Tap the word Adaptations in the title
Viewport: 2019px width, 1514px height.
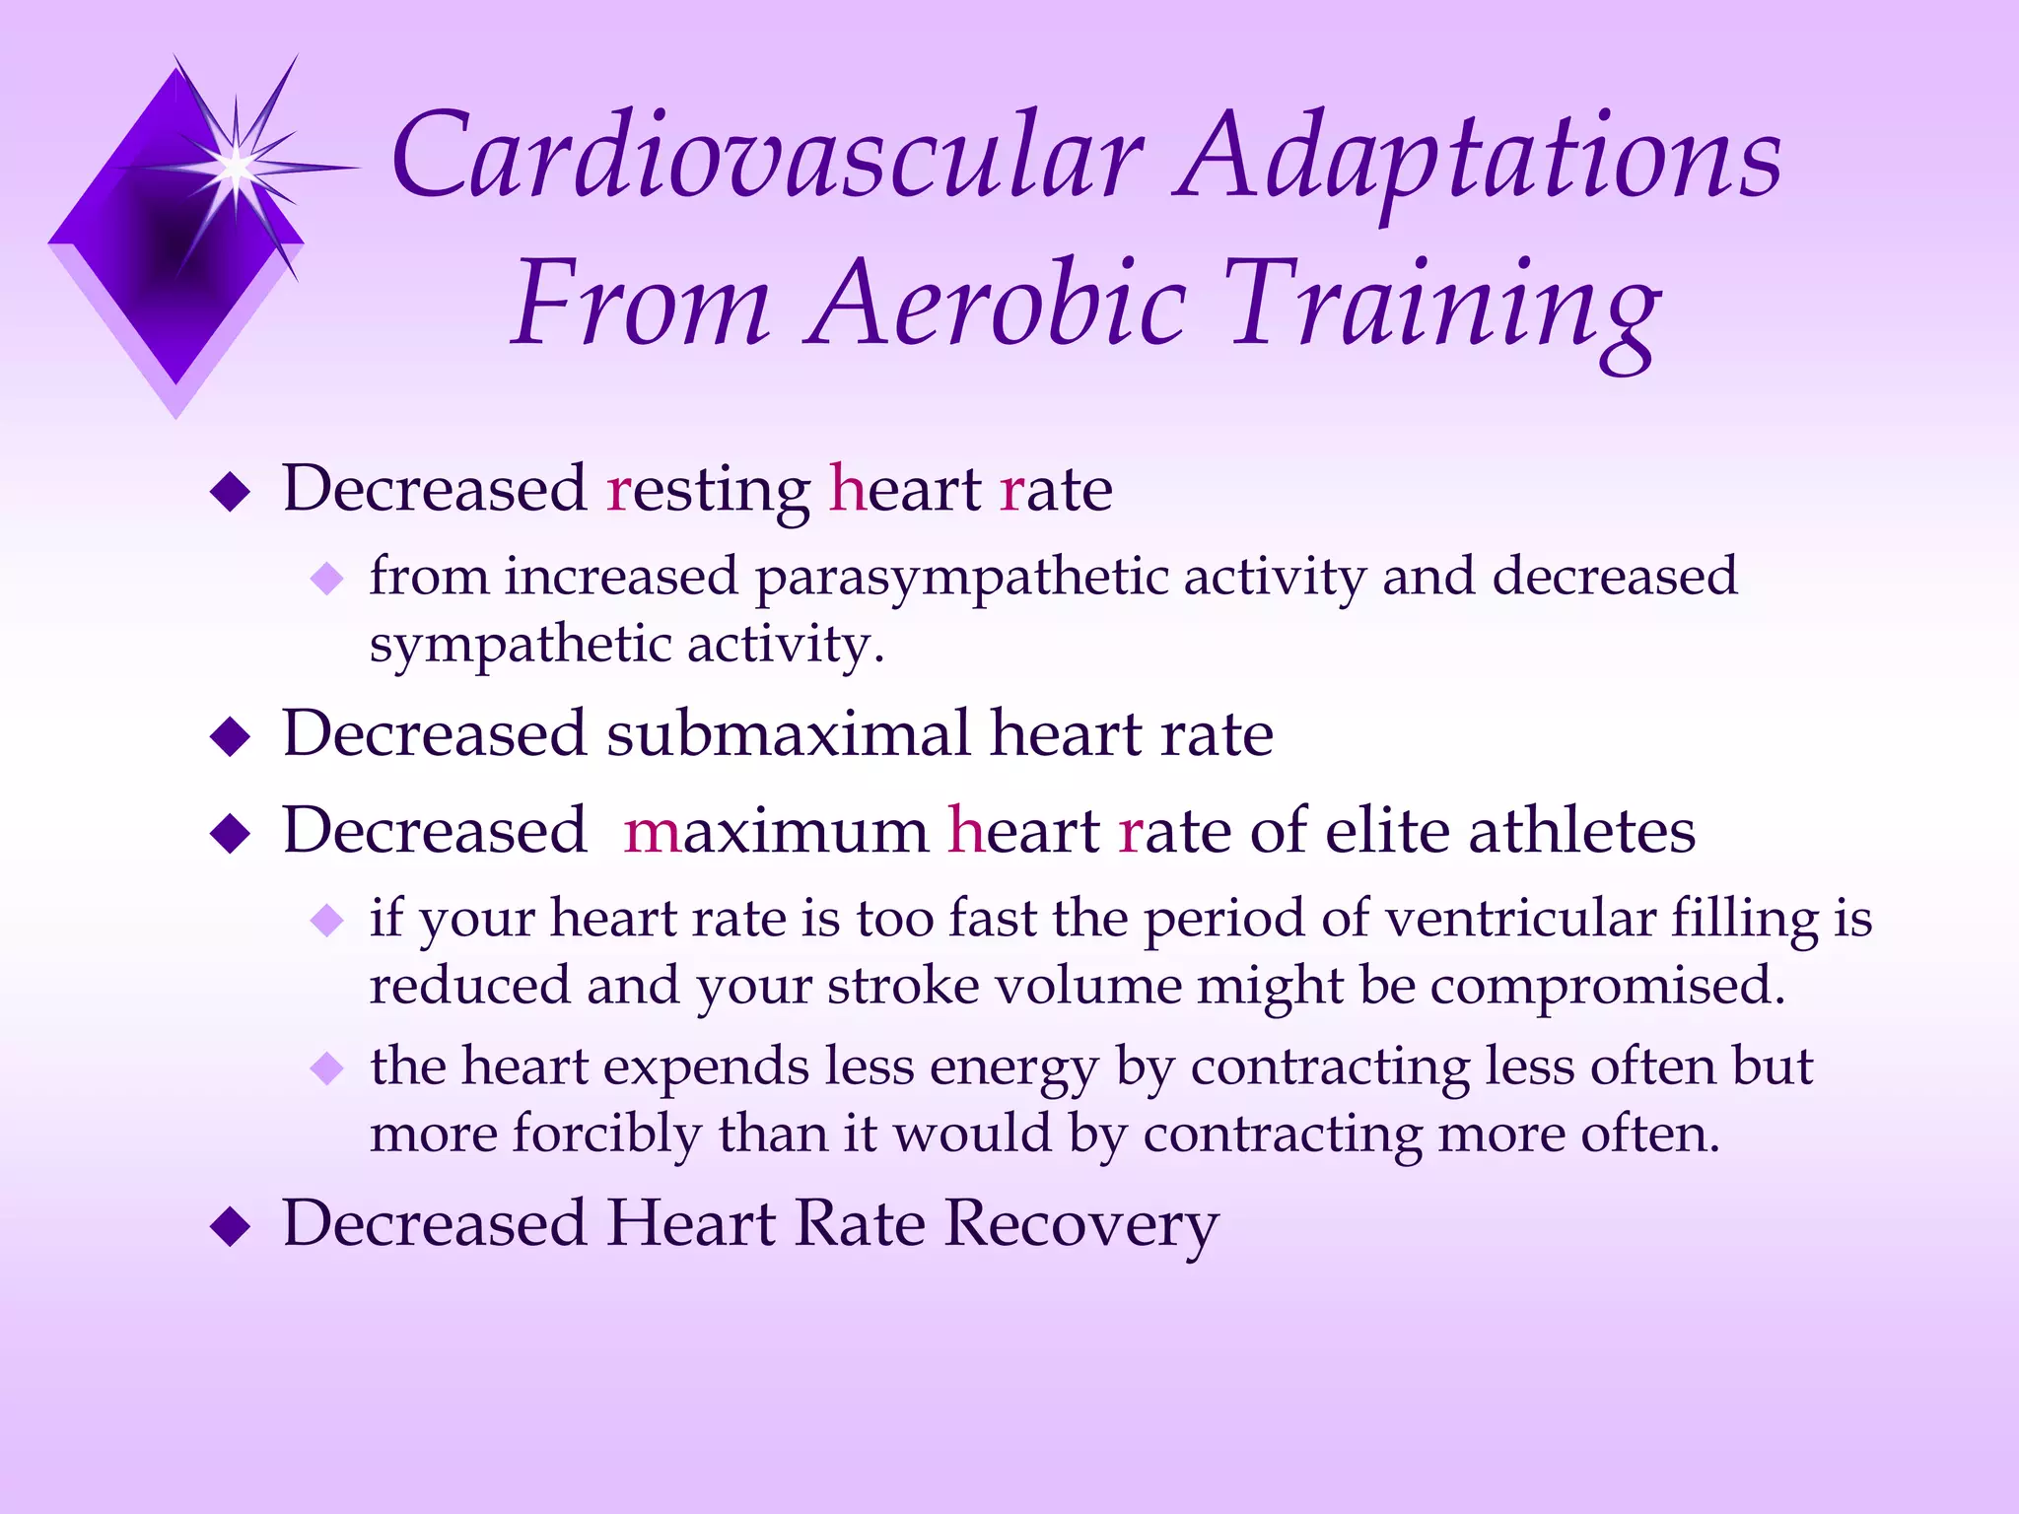tap(1479, 158)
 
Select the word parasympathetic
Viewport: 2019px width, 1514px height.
tap(962, 578)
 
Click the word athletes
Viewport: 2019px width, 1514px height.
tap(1581, 832)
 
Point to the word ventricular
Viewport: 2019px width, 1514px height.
tap(1519, 920)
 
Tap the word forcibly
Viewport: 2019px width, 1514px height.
tap(606, 1135)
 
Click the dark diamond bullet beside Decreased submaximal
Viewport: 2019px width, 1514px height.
tap(231, 736)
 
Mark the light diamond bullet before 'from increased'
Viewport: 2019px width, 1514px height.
tap(326, 578)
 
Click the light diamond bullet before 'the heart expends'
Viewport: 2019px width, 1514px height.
tap(326, 1067)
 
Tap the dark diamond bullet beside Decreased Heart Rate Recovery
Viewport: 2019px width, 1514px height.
tap(231, 1227)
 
